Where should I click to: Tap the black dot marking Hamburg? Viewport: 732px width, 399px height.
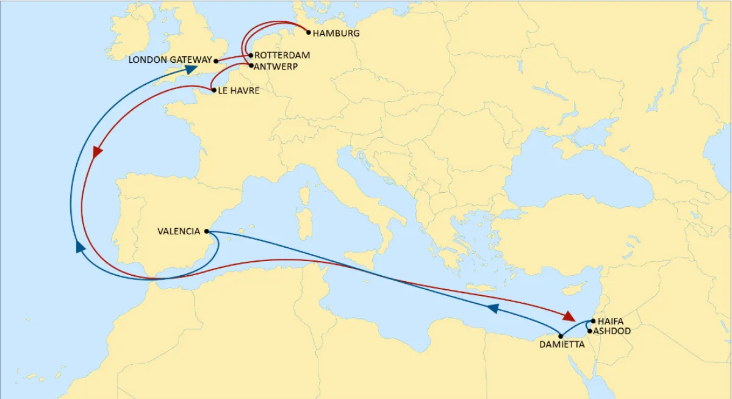(x=309, y=32)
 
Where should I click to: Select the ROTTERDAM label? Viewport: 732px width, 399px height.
(x=282, y=56)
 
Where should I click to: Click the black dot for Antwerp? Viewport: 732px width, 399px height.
(x=251, y=65)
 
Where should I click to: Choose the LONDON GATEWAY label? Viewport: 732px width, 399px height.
(x=170, y=60)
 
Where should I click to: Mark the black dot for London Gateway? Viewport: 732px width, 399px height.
(x=217, y=61)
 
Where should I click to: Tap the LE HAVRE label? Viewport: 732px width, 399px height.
(x=239, y=91)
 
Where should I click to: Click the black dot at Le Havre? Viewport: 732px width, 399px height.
(x=213, y=90)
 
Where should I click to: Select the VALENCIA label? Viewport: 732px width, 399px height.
(x=179, y=231)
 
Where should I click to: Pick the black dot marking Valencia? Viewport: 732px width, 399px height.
(x=207, y=231)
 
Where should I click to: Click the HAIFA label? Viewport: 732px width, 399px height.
(x=611, y=321)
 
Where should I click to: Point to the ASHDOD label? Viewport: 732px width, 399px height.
(x=614, y=331)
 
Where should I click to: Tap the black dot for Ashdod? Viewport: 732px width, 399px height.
(x=589, y=331)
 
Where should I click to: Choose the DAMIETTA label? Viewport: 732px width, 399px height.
(x=562, y=345)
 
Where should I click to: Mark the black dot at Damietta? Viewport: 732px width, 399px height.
(x=561, y=336)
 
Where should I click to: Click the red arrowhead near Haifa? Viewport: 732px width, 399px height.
(x=569, y=316)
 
